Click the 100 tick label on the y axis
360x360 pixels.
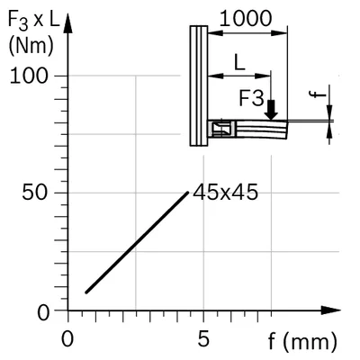point(29,76)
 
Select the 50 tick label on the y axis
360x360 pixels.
point(35,193)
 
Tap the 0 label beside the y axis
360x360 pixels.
point(43,313)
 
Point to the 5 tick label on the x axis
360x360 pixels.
point(203,339)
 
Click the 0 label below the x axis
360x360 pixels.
point(67,339)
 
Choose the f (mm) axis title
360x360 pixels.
point(302,341)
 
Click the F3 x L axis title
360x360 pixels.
point(33,20)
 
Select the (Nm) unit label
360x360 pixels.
point(31,47)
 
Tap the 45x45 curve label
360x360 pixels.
point(225,192)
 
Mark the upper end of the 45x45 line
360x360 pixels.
point(188,193)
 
